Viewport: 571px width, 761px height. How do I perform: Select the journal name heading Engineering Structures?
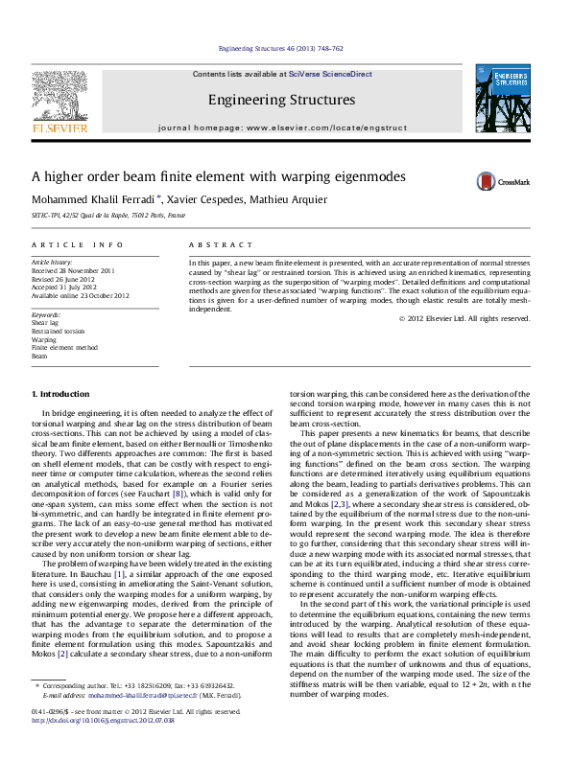[281, 100]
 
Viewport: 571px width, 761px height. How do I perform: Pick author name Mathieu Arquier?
[289, 200]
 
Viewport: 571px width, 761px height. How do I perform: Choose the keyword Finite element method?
[64, 347]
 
